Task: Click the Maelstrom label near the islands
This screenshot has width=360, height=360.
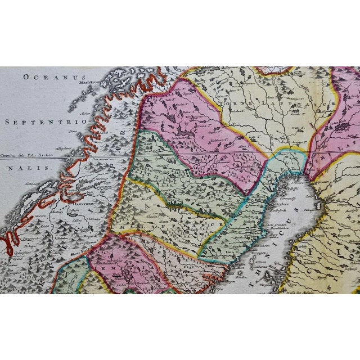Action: tap(90, 81)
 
